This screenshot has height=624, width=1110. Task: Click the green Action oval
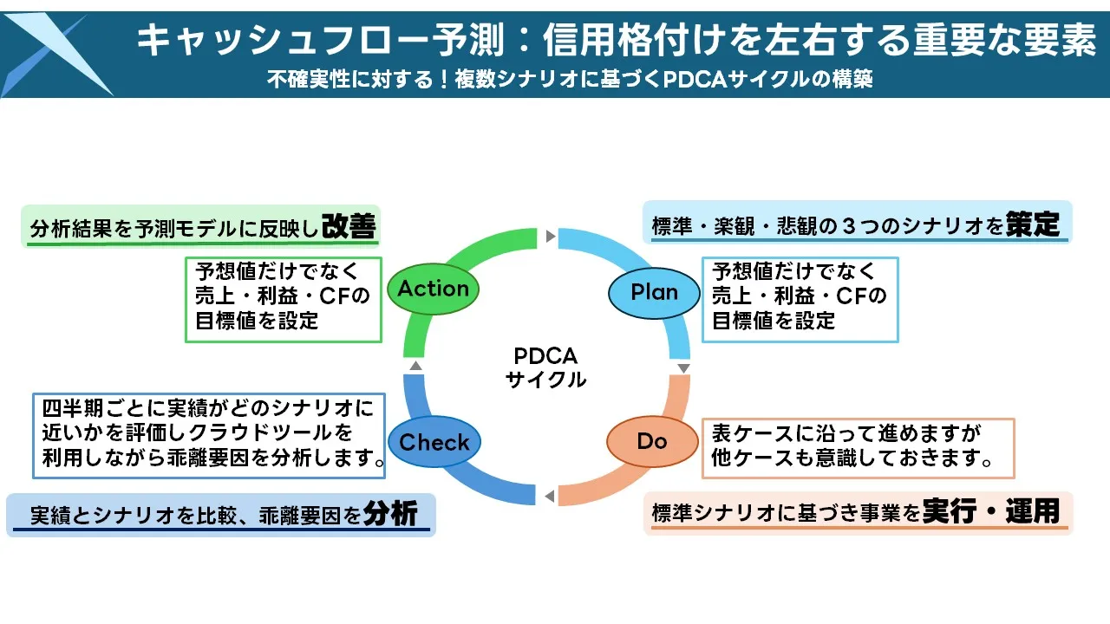433,289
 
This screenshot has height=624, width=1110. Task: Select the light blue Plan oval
654,292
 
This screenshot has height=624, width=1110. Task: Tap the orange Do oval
651,441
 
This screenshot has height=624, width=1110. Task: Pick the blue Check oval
434,442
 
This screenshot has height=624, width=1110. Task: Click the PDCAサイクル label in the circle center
545,367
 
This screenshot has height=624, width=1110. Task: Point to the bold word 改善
349,226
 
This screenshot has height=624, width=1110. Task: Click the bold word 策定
1033,225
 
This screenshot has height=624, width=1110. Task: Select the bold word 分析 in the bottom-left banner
390,514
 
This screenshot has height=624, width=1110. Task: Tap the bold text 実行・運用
991,511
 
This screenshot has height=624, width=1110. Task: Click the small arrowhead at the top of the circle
550,236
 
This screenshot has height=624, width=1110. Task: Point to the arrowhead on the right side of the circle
683,368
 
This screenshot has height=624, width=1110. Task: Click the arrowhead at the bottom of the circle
549,496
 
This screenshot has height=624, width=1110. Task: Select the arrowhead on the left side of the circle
415,366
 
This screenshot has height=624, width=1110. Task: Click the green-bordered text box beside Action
283,298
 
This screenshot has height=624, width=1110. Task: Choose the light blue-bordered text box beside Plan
799,298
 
